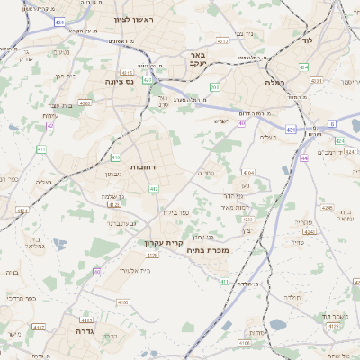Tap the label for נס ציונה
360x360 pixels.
click(119, 80)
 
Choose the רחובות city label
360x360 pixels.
click(145, 167)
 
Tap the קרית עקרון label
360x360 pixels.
click(163, 242)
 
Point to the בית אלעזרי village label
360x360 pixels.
click(120, 270)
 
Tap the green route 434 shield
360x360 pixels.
click(304, 67)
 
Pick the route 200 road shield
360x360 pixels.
click(214, 87)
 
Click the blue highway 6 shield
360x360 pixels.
click(332, 123)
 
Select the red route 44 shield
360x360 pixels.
click(305, 157)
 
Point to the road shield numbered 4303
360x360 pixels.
click(247, 219)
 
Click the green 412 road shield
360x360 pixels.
click(154, 189)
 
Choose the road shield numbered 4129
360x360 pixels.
click(152, 255)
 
